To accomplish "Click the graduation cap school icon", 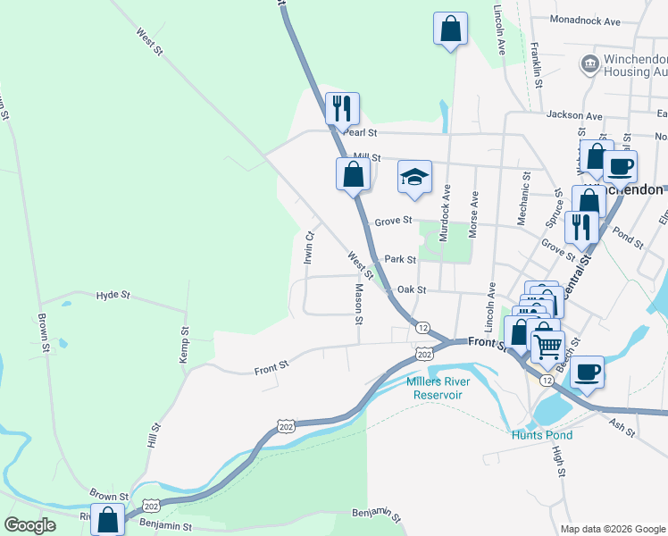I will click(414, 177).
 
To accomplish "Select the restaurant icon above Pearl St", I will click(342, 108).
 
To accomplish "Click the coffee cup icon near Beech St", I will click(587, 371).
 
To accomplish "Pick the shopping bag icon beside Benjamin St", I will click(107, 519).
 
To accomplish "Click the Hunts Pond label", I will click(541, 435).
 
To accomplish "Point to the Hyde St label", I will click(113, 294).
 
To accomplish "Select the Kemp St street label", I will click(185, 343).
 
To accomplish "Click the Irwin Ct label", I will click(308, 248).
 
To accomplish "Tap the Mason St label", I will click(359, 304).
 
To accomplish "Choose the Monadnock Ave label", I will click(585, 20).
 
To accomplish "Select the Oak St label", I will click(412, 289).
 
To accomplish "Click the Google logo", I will click(30, 525).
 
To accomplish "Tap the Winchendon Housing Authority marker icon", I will click(589, 63).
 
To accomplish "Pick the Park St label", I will click(400, 260).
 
